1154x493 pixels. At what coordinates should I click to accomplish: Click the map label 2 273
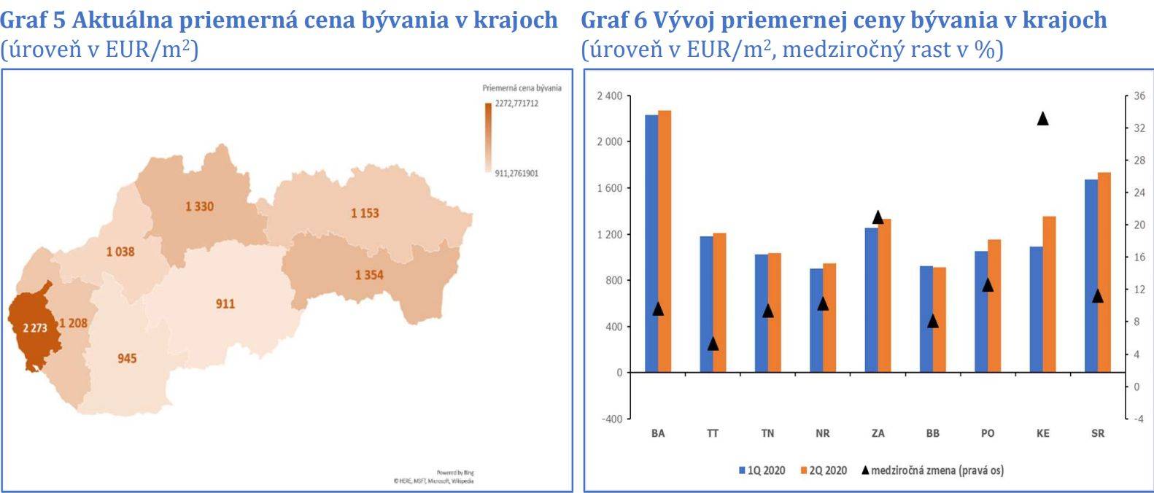tap(34, 328)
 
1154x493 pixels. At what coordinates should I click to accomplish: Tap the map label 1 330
tap(199, 206)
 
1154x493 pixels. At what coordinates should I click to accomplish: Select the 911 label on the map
tap(225, 303)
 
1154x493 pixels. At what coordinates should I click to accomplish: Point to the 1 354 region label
tap(369, 275)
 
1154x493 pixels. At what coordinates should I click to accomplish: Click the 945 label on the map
tap(127, 358)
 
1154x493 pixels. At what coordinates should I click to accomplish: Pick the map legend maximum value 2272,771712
tap(516, 104)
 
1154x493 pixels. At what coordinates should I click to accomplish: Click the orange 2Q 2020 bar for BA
tap(665, 241)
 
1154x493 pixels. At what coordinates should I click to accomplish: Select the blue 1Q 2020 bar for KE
tap(1036, 309)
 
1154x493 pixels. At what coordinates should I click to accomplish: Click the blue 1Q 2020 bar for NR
tap(816, 320)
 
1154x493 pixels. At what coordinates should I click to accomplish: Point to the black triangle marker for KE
tap(1043, 118)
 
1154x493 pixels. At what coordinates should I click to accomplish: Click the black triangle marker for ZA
tap(878, 217)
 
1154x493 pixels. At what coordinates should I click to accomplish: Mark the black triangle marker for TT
tap(713, 343)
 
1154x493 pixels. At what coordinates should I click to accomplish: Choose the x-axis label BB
tap(933, 433)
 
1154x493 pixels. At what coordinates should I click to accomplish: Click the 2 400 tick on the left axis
tap(610, 96)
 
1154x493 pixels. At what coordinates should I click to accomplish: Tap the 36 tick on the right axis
tap(1139, 96)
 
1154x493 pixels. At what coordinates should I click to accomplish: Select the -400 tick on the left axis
tap(612, 419)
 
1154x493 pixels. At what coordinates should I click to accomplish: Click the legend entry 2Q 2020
tap(824, 470)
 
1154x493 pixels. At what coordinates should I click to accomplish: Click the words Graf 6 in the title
tap(613, 20)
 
